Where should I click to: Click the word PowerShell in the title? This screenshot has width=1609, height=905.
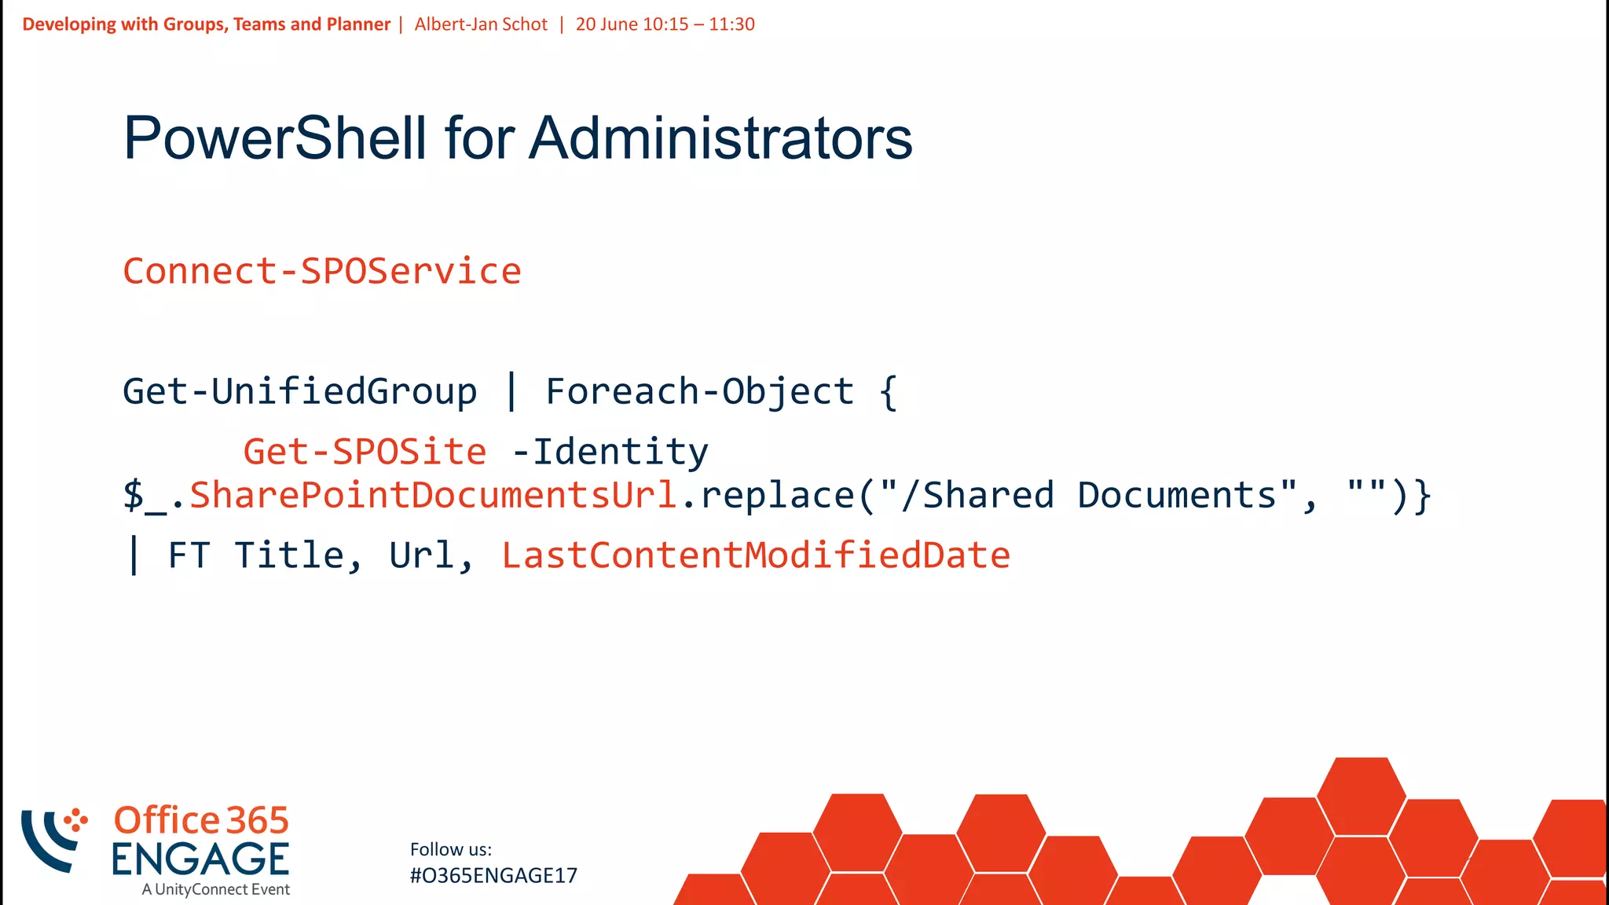[x=275, y=138]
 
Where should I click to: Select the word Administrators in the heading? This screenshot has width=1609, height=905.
[x=720, y=138]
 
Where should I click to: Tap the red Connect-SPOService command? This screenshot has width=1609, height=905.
[x=322, y=271]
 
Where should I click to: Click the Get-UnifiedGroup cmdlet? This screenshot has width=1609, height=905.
[x=299, y=391]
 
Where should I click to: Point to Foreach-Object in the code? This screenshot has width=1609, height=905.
[x=699, y=391]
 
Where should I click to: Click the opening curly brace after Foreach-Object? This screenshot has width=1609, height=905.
[x=888, y=391]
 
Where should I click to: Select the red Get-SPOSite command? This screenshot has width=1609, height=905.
[x=365, y=452]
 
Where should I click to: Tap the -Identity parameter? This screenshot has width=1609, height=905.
[x=610, y=452]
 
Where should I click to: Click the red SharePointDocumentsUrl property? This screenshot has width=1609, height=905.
[x=433, y=495]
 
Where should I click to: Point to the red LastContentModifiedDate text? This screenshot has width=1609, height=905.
[x=756, y=555]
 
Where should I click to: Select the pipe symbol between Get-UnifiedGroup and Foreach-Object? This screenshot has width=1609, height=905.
[x=511, y=391]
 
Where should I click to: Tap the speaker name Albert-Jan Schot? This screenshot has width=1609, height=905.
[x=481, y=24]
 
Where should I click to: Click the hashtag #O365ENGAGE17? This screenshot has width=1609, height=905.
[x=493, y=875]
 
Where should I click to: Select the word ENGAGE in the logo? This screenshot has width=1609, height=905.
[x=200, y=859]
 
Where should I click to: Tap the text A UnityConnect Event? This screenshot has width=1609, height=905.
[x=216, y=889]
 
